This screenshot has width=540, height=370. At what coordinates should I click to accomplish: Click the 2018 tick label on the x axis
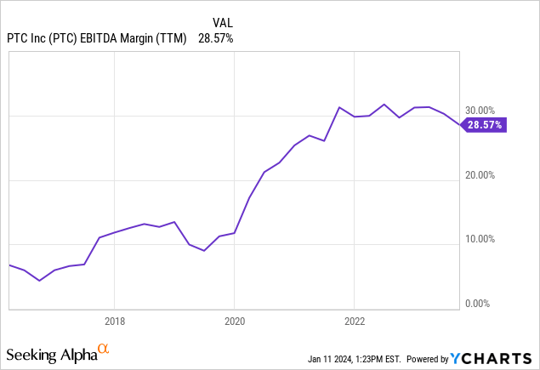[x=115, y=321]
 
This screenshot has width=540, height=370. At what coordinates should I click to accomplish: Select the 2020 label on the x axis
[x=235, y=321]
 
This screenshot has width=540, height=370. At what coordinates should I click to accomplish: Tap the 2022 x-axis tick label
[x=355, y=321]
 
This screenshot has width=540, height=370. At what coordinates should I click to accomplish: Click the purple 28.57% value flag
[x=485, y=125]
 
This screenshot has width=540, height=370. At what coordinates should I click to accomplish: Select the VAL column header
[x=222, y=21]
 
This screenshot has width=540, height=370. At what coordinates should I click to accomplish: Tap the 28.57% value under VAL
[x=216, y=38]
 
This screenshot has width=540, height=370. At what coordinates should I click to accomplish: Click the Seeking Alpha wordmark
[x=50, y=353]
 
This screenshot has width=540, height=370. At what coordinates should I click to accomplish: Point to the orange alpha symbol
[x=103, y=349]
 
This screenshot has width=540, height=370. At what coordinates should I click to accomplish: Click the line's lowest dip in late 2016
[x=39, y=280]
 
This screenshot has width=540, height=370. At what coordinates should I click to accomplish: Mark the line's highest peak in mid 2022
[x=384, y=105]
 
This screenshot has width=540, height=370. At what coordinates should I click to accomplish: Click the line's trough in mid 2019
[x=204, y=250]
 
